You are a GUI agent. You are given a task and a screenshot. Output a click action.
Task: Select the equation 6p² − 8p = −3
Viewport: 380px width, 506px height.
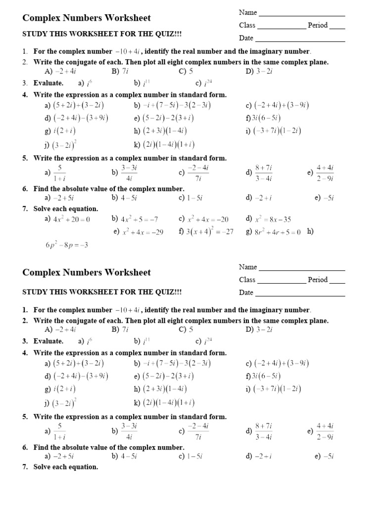pos(66,245)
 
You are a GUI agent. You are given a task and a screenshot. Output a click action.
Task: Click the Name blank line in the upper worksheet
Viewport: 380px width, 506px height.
pos(302,15)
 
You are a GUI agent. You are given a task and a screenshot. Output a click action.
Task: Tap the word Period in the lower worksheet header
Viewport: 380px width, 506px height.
pos(317,280)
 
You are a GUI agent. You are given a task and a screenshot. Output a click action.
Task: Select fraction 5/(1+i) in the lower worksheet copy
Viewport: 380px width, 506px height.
pos(60,430)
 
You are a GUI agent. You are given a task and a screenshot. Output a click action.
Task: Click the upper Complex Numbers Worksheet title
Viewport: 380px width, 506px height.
pos(87,18)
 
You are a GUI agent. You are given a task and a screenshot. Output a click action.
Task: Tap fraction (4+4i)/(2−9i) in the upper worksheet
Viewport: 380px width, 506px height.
pos(325,172)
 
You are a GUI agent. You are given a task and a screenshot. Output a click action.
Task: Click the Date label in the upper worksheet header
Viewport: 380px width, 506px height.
pos(246,38)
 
